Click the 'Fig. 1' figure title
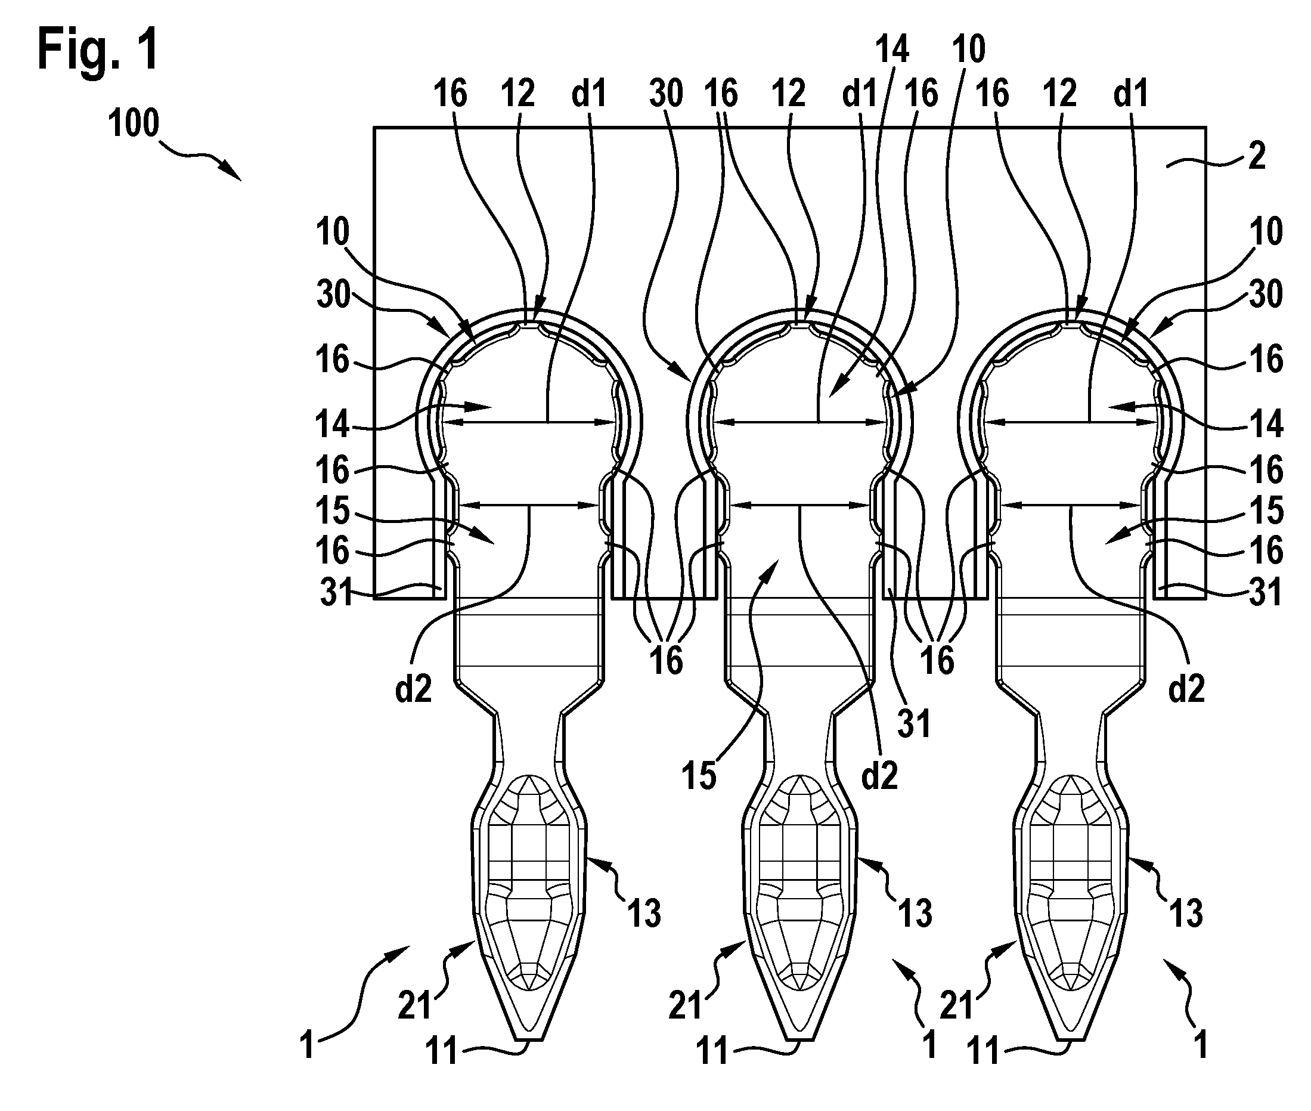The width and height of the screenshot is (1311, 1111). pos(98,49)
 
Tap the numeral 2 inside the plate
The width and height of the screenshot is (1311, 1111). pos(1257,155)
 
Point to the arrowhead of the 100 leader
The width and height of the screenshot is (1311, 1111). pos(234,173)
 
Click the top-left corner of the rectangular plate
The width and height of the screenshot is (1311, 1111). pos(374,128)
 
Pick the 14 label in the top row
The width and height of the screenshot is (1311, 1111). pos(892,48)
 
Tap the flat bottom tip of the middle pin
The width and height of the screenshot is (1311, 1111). pos(799,1038)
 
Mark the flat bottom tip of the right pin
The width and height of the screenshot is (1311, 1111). pos(1071,1038)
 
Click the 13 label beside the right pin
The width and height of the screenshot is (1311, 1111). pos(1186,912)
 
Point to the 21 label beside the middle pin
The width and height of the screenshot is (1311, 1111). pos(685,1005)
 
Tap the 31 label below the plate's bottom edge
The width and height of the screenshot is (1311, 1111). pos(915,725)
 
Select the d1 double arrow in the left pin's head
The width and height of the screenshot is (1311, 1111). pos(528,422)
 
